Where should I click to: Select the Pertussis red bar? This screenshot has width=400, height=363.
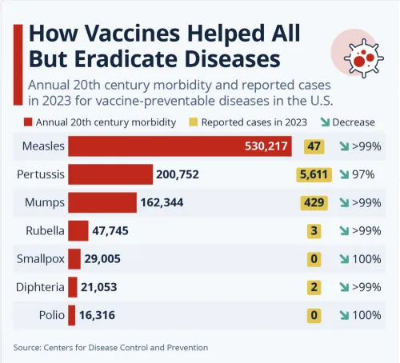110,174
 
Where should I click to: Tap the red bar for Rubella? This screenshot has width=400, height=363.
78,231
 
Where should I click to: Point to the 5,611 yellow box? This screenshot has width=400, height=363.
313,174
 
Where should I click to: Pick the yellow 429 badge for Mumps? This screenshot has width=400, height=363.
313,202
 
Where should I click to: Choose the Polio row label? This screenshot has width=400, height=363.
51,315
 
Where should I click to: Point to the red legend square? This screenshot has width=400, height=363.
28,122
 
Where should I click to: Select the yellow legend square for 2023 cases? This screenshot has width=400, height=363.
192,122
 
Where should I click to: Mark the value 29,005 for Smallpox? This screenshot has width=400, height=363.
105,259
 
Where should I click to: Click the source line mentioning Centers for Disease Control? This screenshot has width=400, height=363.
110,347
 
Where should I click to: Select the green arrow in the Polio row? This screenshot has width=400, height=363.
345,315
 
